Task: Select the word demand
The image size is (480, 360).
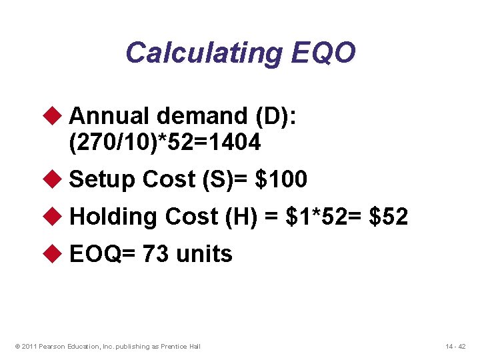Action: coord(203,116)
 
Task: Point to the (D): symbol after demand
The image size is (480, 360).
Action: coord(277,116)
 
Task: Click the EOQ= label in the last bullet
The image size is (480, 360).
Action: coord(101,253)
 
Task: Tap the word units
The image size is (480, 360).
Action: coord(204,253)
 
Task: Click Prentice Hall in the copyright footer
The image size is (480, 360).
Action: coord(182,346)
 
